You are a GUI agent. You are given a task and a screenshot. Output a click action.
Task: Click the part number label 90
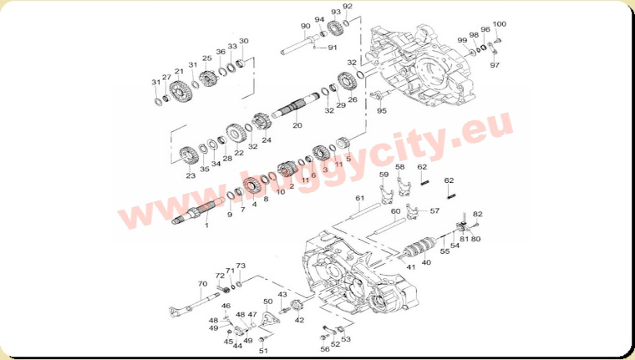pyautogui.click(x=305, y=27)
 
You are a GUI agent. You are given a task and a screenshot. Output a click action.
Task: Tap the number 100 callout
pyautogui.click(x=500, y=24)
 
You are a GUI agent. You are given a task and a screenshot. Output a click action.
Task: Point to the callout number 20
pyautogui.click(x=297, y=125)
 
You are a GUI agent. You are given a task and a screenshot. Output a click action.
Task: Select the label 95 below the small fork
pyautogui.click(x=382, y=110)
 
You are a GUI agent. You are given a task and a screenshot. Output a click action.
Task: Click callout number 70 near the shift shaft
pyautogui.click(x=202, y=284)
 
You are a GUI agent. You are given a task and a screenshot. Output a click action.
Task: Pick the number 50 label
pyautogui.click(x=267, y=302)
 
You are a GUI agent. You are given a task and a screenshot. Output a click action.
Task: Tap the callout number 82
pyautogui.click(x=477, y=214)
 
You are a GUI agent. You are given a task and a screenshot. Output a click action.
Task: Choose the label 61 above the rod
pyautogui.click(x=359, y=198)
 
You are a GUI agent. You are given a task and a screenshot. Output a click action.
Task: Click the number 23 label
pyautogui.click(x=190, y=175)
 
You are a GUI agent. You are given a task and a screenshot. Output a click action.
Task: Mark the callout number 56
pyautogui.click(x=325, y=349)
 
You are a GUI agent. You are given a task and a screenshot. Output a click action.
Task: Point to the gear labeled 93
pyautogui.click(x=335, y=28)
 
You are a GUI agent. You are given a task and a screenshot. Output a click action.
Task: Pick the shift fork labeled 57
pyautogui.click(x=412, y=212)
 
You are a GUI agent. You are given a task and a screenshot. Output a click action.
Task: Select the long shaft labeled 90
pyautogui.click(x=301, y=45)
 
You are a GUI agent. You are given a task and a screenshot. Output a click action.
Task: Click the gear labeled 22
pyautogui.click(x=236, y=134)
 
